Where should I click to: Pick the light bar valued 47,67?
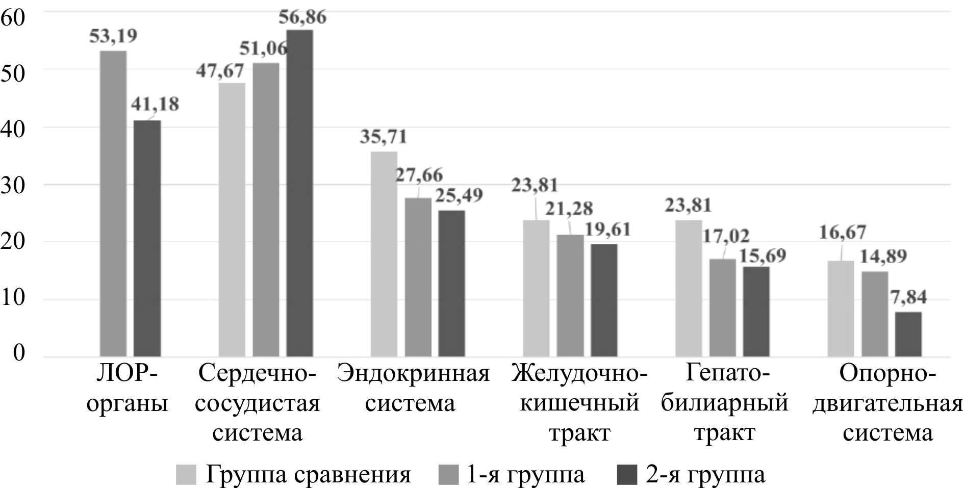point(232,219)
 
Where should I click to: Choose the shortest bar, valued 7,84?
point(908,334)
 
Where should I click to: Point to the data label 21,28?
point(570,208)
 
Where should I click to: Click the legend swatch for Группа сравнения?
point(186,475)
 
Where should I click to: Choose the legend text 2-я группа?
point(705,475)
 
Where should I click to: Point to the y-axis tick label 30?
point(13,185)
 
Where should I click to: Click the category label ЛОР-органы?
point(127,390)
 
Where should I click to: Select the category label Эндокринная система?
point(413,390)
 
